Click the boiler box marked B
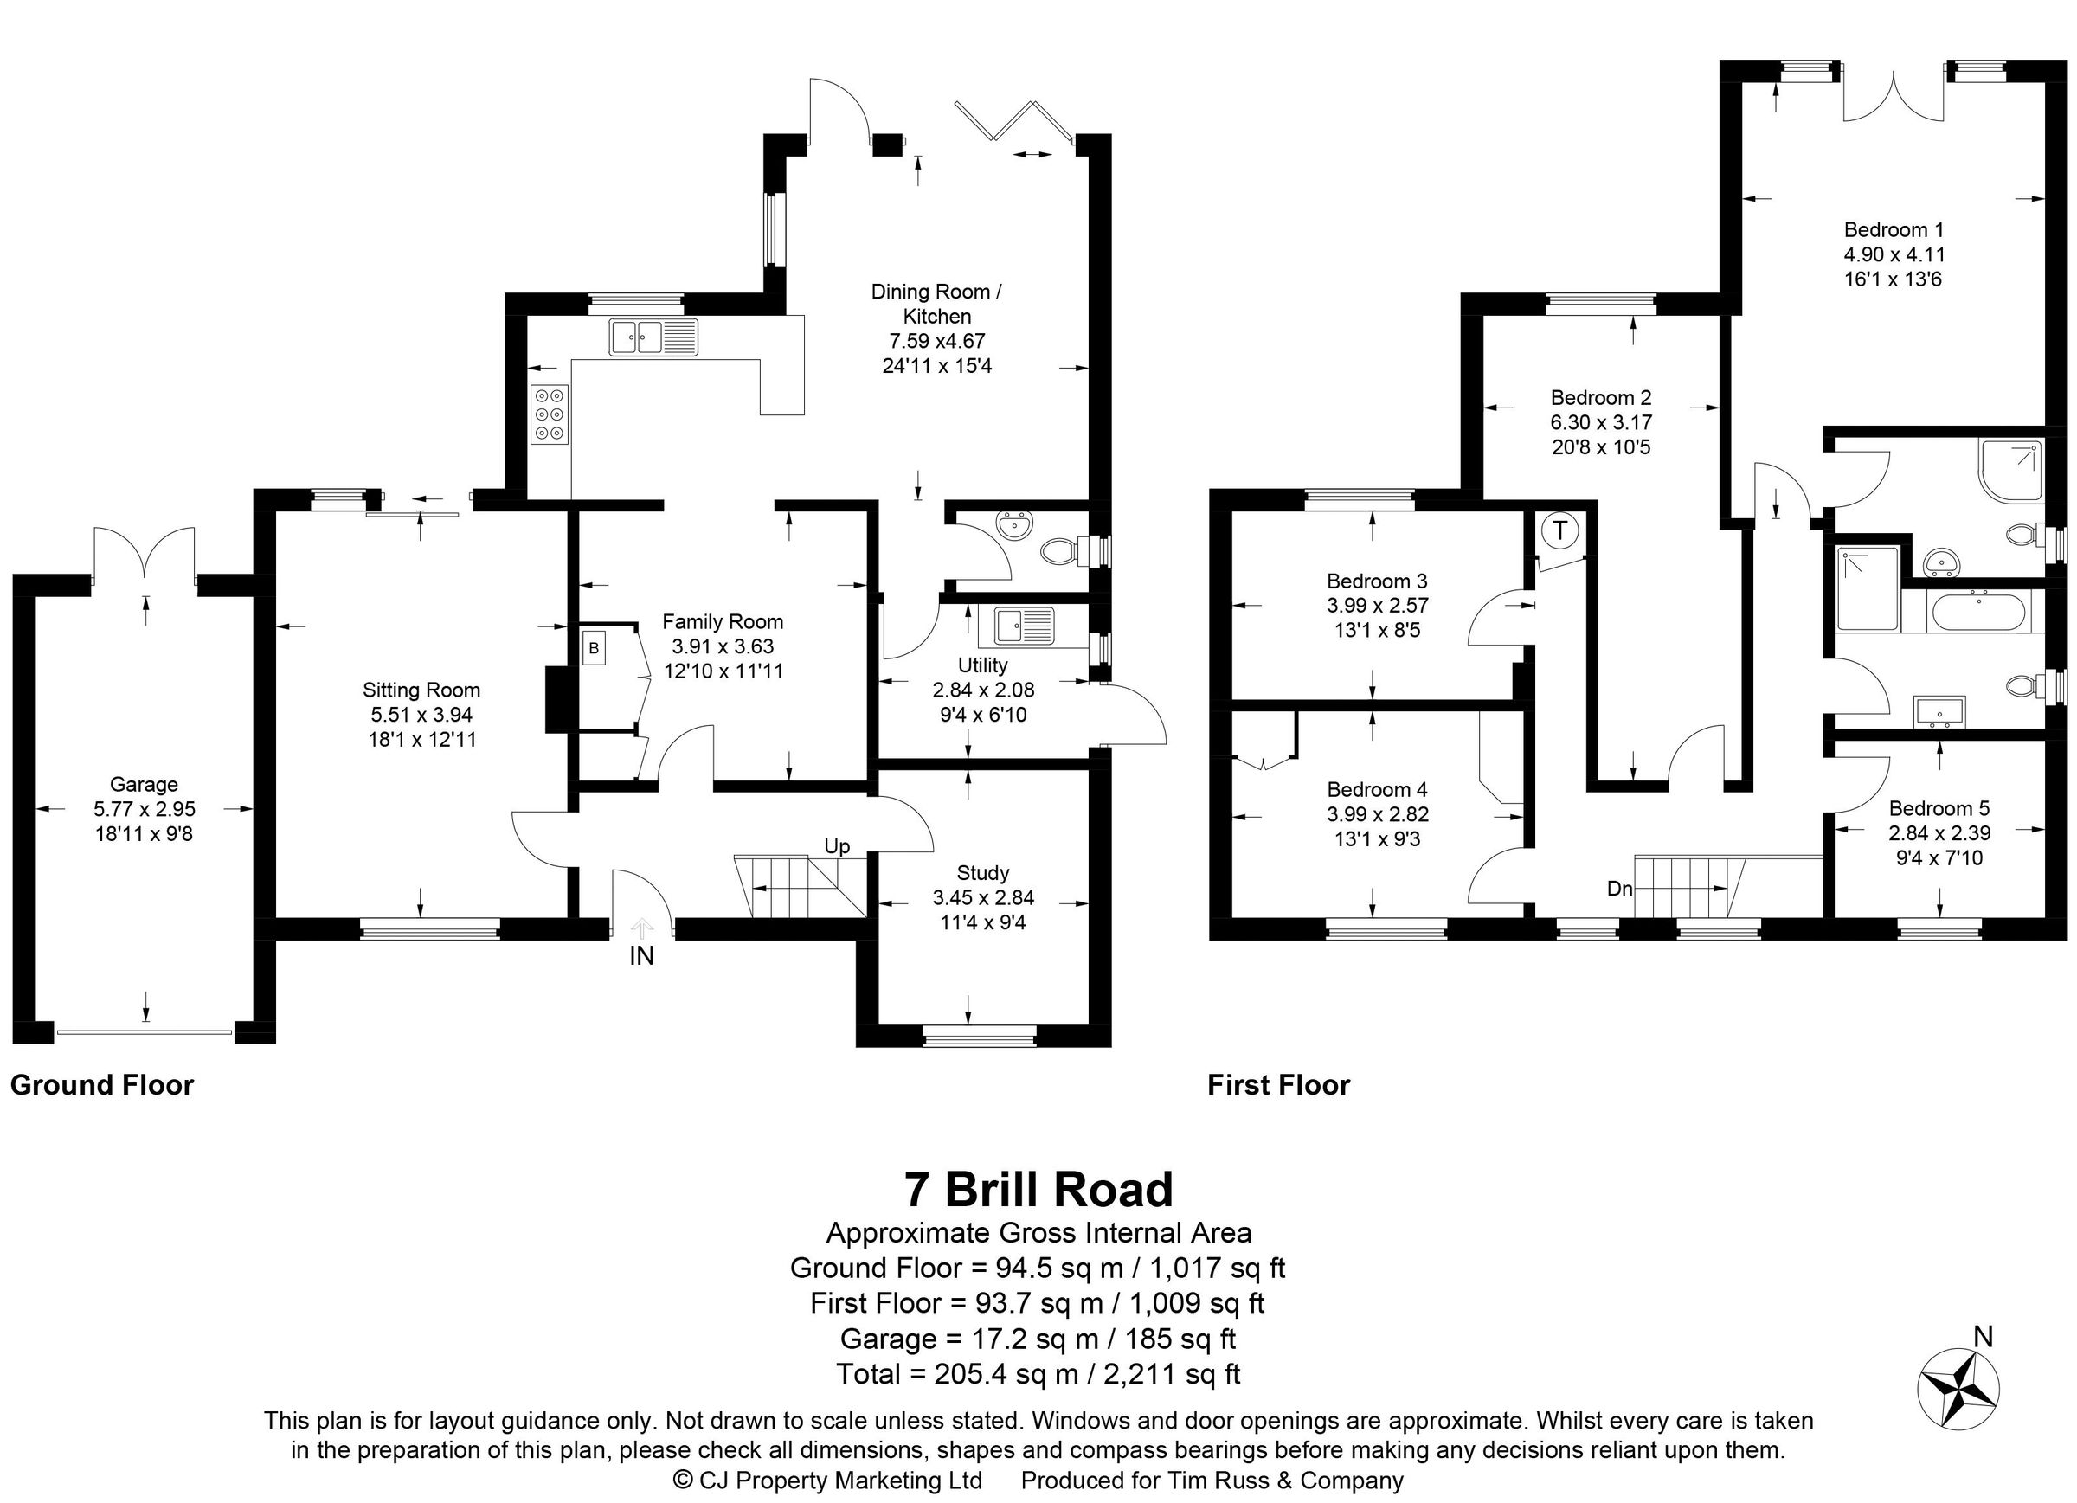[x=594, y=648]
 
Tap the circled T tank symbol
[x=1559, y=530]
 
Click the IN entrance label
[x=641, y=956]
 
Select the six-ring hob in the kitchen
[x=550, y=414]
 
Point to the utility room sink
[x=1017, y=626]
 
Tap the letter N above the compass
[x=1983, y=1337]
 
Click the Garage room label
[x=144, y=784]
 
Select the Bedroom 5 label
[x=1939, y=808]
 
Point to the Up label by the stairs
[x=837, y=846]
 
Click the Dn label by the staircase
[x=1619, y=888]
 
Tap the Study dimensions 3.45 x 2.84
[x=982, y=897]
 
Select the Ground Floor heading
[x=101, y=1085]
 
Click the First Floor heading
[x=1278, y=1085]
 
